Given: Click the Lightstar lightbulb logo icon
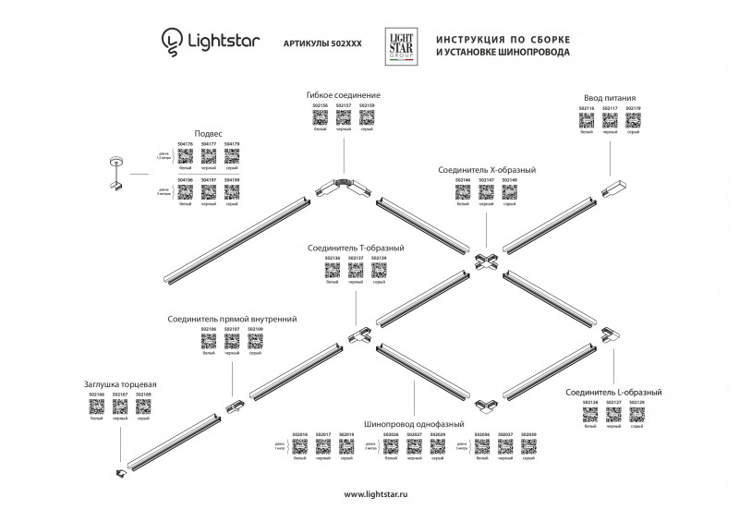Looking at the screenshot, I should coord(173,40).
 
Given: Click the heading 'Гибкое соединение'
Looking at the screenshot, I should coord(344,95).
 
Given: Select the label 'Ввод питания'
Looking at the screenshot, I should coord(610,98).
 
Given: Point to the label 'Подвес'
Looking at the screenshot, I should coord(208,133).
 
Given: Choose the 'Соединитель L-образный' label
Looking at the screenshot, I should coord(612,392).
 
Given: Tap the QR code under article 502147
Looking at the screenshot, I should coord(487,193).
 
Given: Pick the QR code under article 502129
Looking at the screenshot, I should coord(636,415).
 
